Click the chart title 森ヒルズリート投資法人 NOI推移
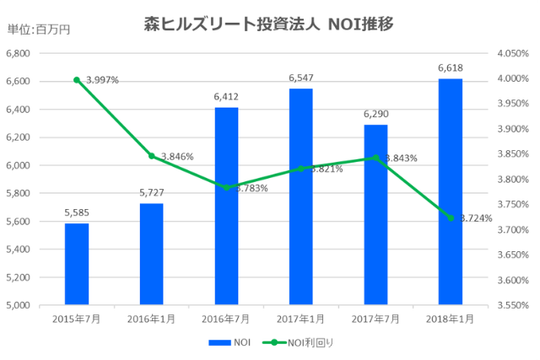[269, 24]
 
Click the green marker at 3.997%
[77, 80]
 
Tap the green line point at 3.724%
[450, 218]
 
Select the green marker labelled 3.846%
[151, 156]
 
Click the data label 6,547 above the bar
[300, 78]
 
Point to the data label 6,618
[450, 67]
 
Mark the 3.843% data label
[401, 159]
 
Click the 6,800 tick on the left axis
[18, 53]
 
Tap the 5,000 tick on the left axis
[18, 305]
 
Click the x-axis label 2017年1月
[300, 320]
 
